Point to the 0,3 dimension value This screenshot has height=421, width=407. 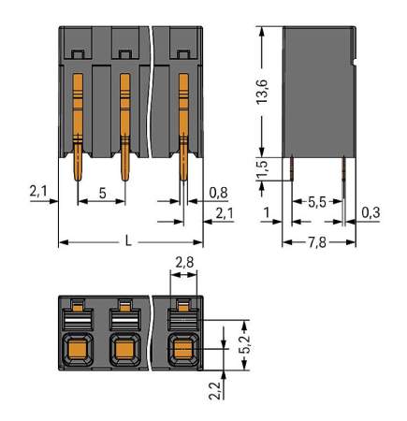click(371, 213)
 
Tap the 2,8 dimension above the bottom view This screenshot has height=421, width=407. click(183, 264)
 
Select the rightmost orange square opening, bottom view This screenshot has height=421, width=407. click(182, 352)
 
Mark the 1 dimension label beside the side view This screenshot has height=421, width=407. click(268, 213)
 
